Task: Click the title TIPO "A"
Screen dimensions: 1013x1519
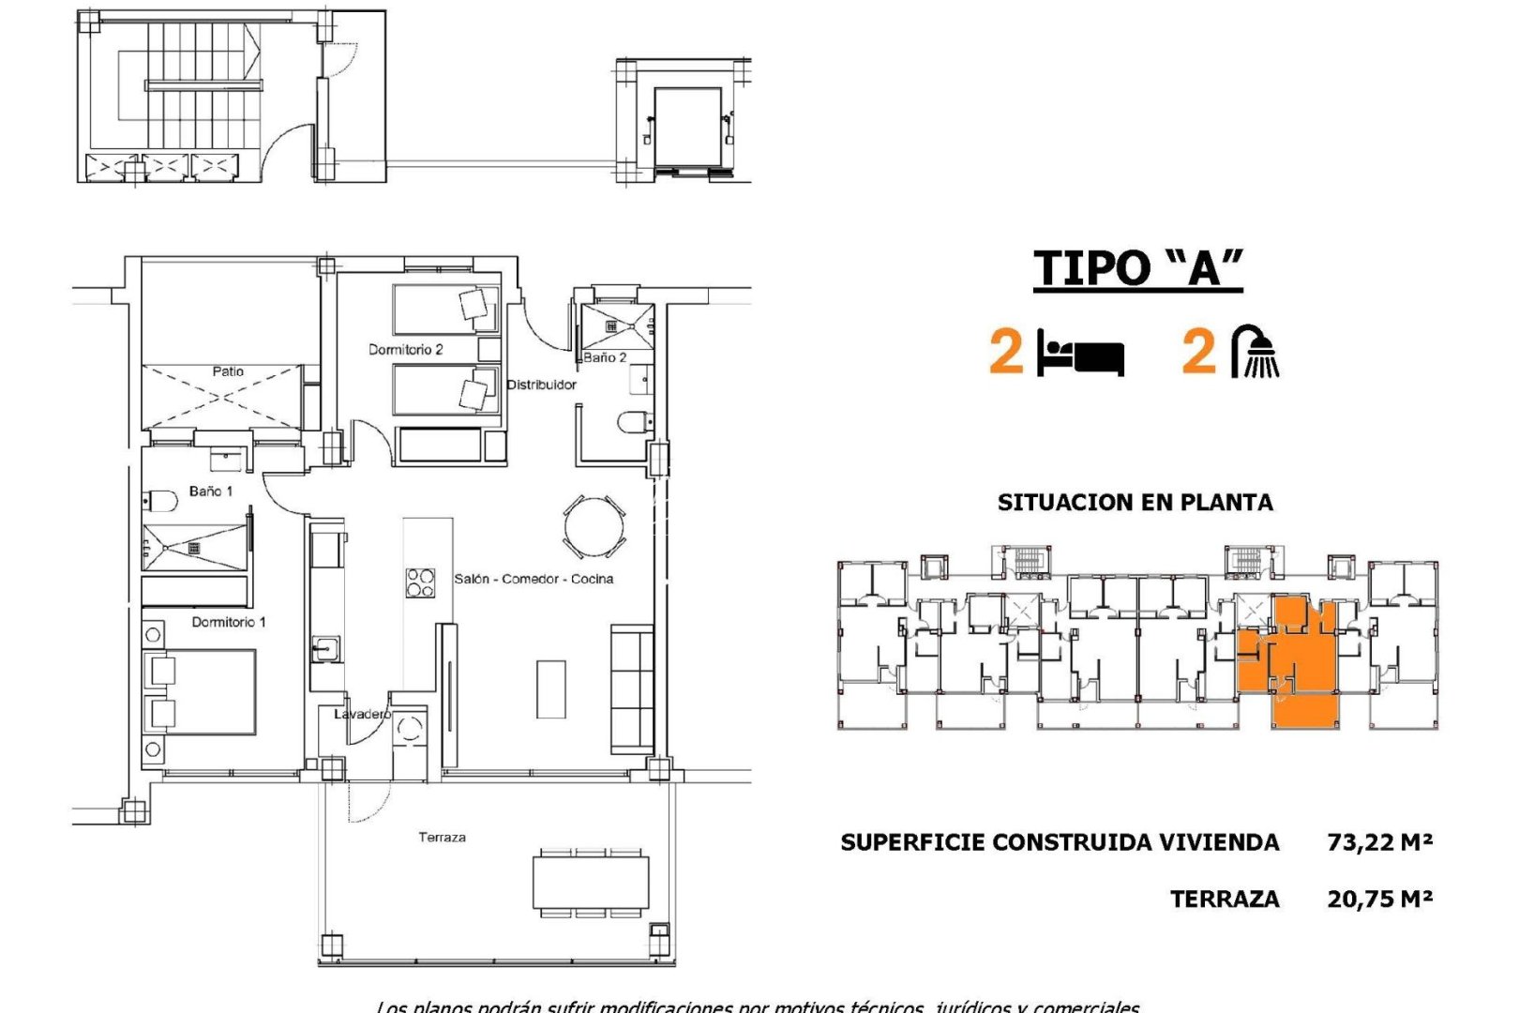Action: tap(1137, 268)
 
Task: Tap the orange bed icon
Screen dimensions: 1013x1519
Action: tap(1080, 354)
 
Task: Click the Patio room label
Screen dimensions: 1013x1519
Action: tap(228, 371)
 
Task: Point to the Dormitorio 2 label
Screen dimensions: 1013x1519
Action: tap(405, 350)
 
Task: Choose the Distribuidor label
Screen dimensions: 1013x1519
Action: tap(541, 385)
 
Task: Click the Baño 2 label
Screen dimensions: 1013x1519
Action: tap(605, 357)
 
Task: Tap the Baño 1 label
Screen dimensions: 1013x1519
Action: tap(210, 491)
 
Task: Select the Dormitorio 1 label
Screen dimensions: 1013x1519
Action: tap(229, 622)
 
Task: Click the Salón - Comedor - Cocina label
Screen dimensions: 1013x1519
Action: tap(534, 579)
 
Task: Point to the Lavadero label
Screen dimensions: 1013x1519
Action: tap(362, 714)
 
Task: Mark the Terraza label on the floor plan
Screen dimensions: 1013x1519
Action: tap(442, 837)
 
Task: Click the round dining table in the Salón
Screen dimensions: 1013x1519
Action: tap(594, 527)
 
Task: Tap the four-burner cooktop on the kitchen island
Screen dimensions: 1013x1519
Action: tap(419, 582)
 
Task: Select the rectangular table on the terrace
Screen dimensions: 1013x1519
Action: tap(591, 882)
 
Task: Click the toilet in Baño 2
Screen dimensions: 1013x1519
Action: tap(634, 423)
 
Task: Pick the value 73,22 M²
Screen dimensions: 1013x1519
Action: tap(1379, 842)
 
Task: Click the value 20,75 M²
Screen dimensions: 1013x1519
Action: tap(1379, 899)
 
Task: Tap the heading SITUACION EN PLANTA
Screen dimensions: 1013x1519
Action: tap(1135, 503)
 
